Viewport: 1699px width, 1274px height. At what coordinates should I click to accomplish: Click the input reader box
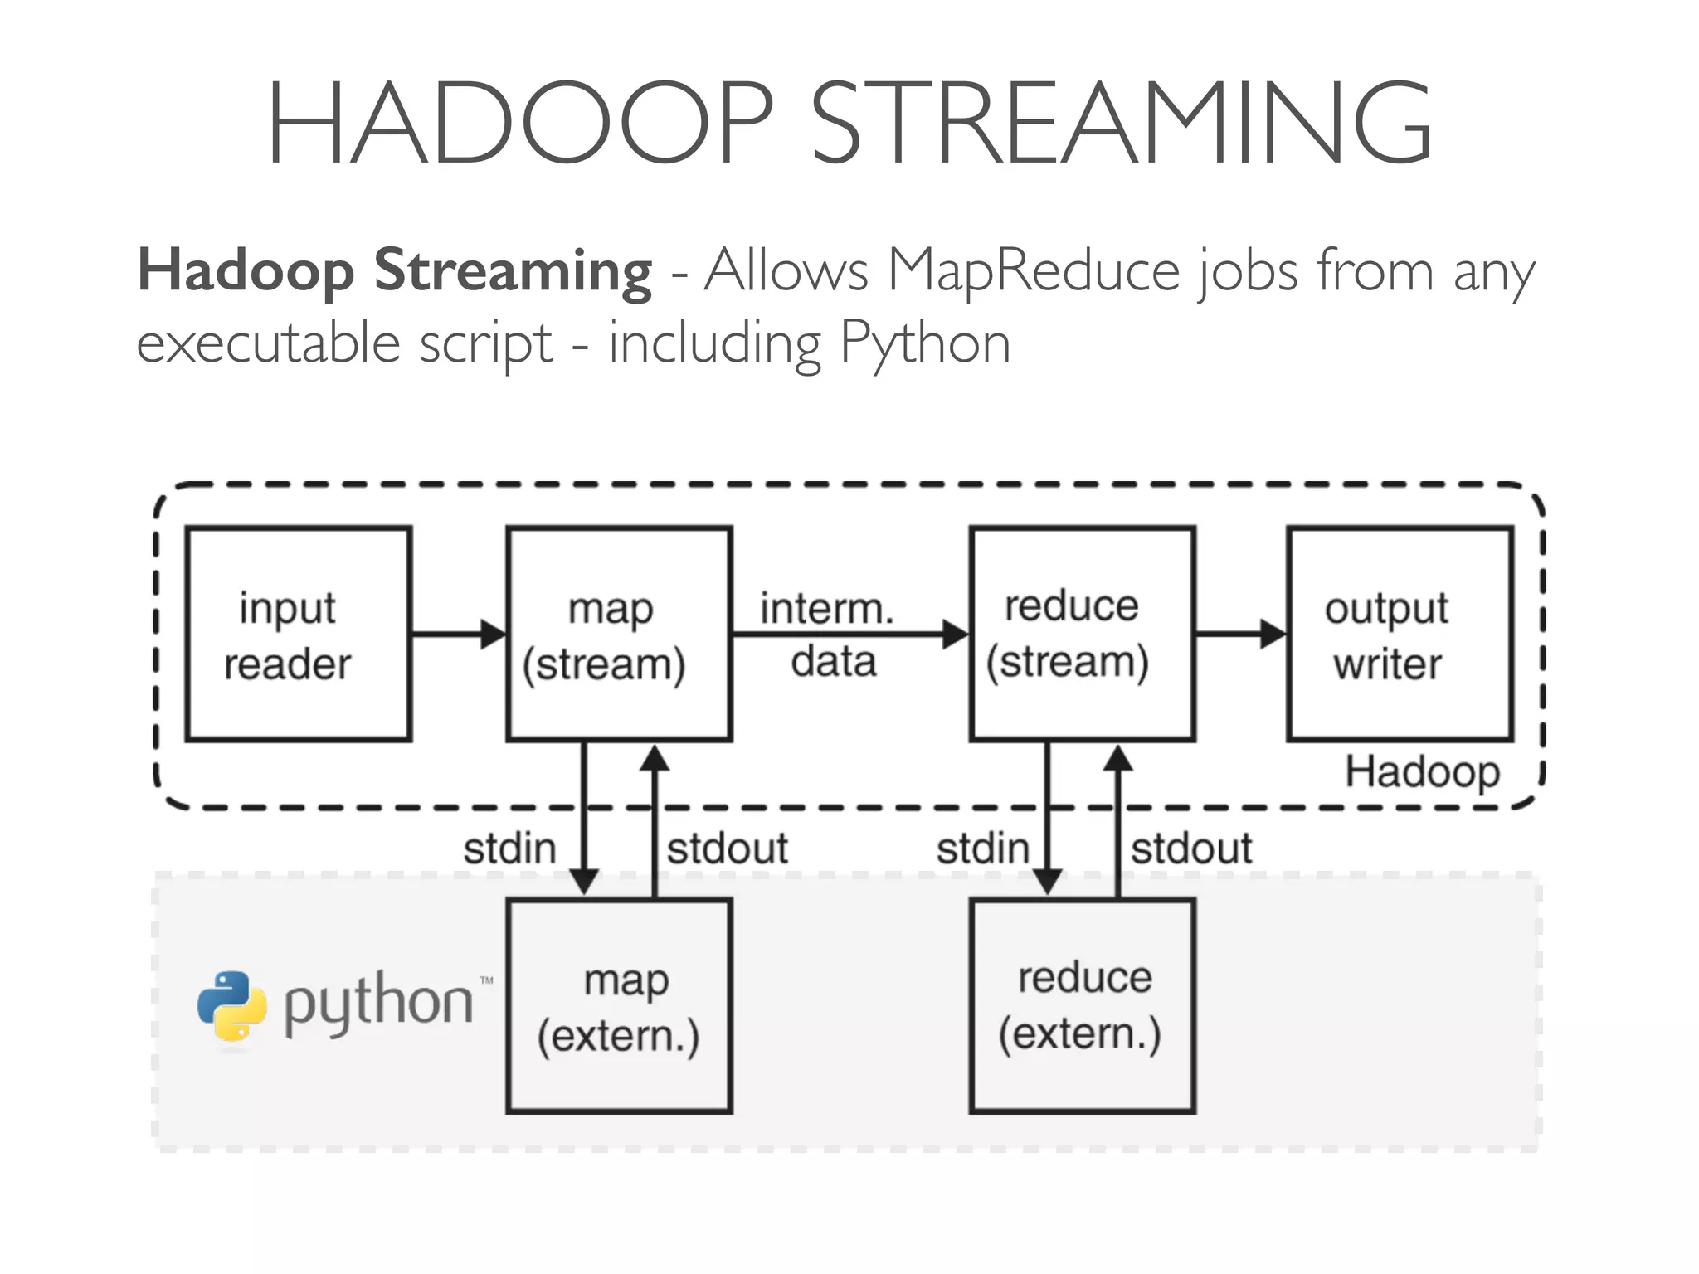click(299, 634)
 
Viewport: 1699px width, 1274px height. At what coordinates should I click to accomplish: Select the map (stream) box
click(619, 634)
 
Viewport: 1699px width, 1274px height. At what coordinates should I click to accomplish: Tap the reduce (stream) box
click(1082, 634)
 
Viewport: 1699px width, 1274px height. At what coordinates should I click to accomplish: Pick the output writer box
click(1400, 634)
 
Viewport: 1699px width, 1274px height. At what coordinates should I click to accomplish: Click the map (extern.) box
click(619, 1006)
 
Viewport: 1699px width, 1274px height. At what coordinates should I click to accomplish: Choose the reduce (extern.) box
click(1082, 1006)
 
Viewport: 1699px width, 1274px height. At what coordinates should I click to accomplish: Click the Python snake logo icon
click(232, 1005)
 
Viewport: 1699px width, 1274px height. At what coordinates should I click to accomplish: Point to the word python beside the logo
click(378, 1004)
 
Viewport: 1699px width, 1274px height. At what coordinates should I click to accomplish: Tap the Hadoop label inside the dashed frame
click(1422, 772)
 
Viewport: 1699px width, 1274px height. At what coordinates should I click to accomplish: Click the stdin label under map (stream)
click(509, 849)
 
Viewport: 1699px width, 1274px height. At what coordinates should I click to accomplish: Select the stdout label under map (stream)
click(728, 849)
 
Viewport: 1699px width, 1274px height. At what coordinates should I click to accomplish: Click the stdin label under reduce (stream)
click(983, 849)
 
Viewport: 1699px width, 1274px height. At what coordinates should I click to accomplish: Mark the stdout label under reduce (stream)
click(1191, 849)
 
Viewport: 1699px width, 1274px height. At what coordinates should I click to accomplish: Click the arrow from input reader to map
click(459, 635)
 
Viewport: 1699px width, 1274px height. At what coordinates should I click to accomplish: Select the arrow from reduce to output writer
click(1241, 635)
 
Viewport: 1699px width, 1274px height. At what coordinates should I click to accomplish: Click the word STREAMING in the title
click(1120, 123)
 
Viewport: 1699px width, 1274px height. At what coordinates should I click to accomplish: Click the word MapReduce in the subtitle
click(1034, 270)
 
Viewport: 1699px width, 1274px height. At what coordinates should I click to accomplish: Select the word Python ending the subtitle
click(925, 343)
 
